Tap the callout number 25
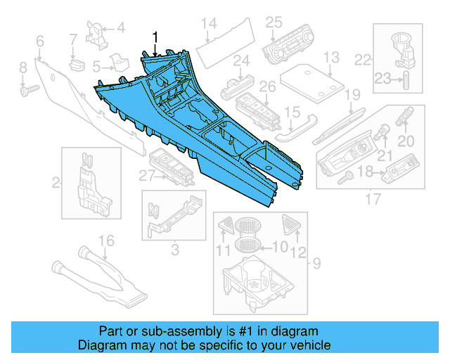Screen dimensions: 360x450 pyautogui.click(x=274, y=22)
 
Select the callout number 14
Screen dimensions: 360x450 pyautogui.click(x=208, y=25)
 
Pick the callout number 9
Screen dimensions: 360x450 pyautogui.click(x=316, y=264)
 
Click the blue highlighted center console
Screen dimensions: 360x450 pyautogui.click(x=204, y=134)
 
